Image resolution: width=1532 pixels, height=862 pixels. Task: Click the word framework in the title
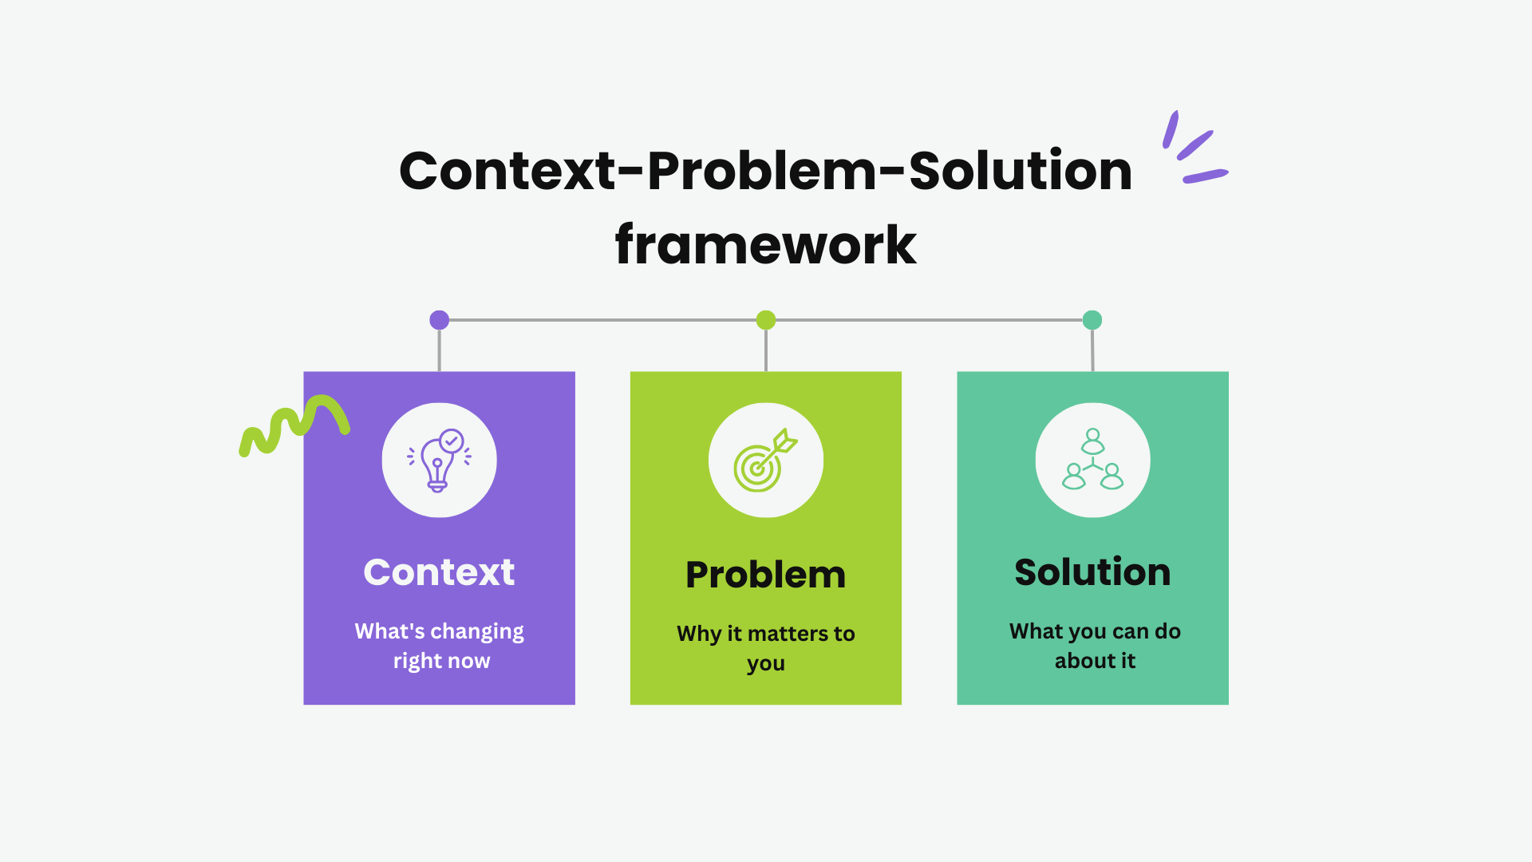pos(766,244)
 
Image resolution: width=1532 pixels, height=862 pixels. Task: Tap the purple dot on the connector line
pos(439,320)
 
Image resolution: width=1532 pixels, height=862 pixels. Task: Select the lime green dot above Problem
pos(766,320)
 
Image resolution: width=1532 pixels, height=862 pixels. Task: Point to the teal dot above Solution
pos(1092,320)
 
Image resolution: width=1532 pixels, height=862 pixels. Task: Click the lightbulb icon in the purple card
pos(439,461)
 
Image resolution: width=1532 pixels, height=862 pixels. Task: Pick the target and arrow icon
pos(765,461)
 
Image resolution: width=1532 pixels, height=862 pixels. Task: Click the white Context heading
pos(439,572)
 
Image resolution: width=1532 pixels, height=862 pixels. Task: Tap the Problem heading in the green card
pos(766,575)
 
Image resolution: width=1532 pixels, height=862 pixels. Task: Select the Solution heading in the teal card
pos(1092,572)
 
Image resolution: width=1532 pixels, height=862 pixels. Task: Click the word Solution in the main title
pos(1021,171)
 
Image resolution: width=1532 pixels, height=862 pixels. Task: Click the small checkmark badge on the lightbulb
pos(452,441)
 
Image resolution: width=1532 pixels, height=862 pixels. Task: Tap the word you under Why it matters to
pos(766,664)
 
